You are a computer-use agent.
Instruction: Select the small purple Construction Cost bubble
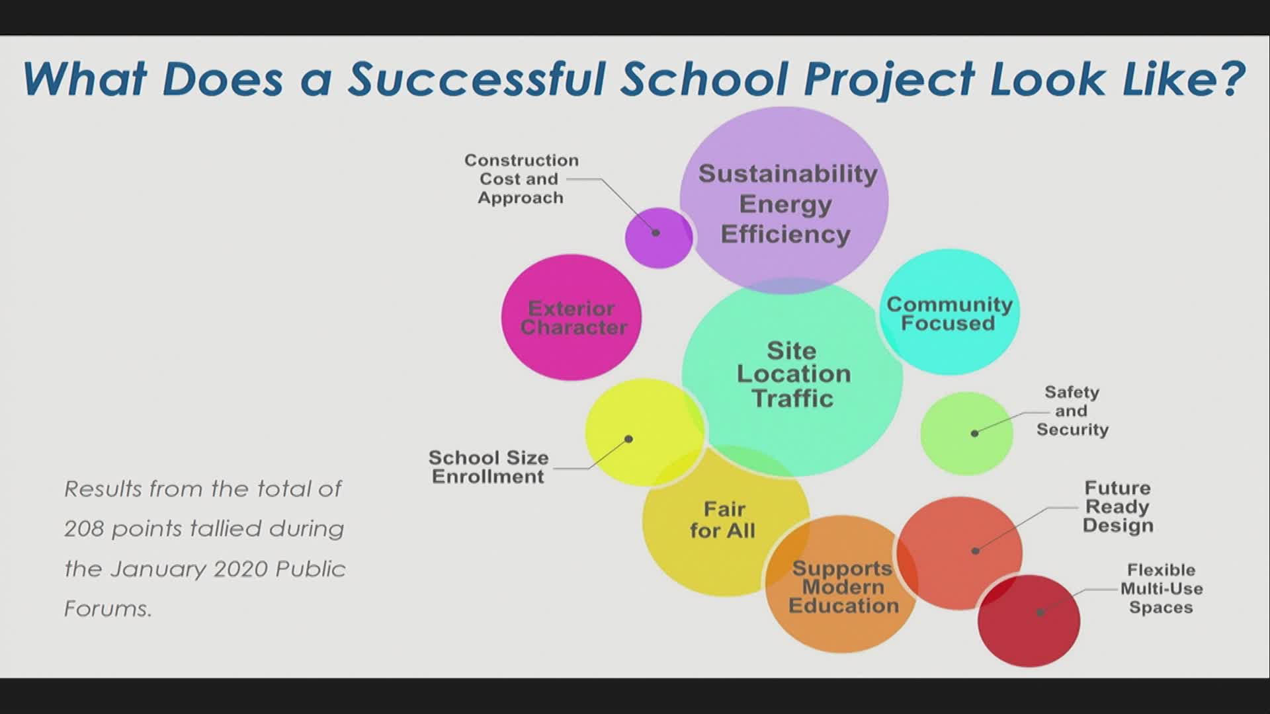(x=659, y=238)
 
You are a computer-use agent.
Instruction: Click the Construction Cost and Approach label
(x=521, y=179)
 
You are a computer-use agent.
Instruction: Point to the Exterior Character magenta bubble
(x=571, y=317)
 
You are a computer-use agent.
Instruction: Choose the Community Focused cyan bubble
(x=949, y=312)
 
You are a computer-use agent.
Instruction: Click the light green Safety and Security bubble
(x=966, y=434)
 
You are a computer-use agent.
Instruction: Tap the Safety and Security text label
(x=1072, y=411)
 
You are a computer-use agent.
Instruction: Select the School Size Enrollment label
(x=488, y=467)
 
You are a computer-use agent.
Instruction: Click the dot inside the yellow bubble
(x=628, y=439)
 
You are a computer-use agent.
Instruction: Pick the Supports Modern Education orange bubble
(x=841, y=584)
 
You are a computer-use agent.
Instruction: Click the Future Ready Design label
(x=1118, y=507)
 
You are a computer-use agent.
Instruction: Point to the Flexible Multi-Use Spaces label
(x=1162, y=588)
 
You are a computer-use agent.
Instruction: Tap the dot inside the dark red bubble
(x=1040, y=613)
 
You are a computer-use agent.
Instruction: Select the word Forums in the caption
(x=108, y=609)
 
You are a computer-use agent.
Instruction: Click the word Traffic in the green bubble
(x=792, y=399)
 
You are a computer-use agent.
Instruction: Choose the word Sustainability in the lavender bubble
(x=788, y=174)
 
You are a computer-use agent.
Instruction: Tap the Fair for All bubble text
(x=723, y=520)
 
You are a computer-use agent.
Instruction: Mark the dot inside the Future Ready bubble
(x=975, y=550)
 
